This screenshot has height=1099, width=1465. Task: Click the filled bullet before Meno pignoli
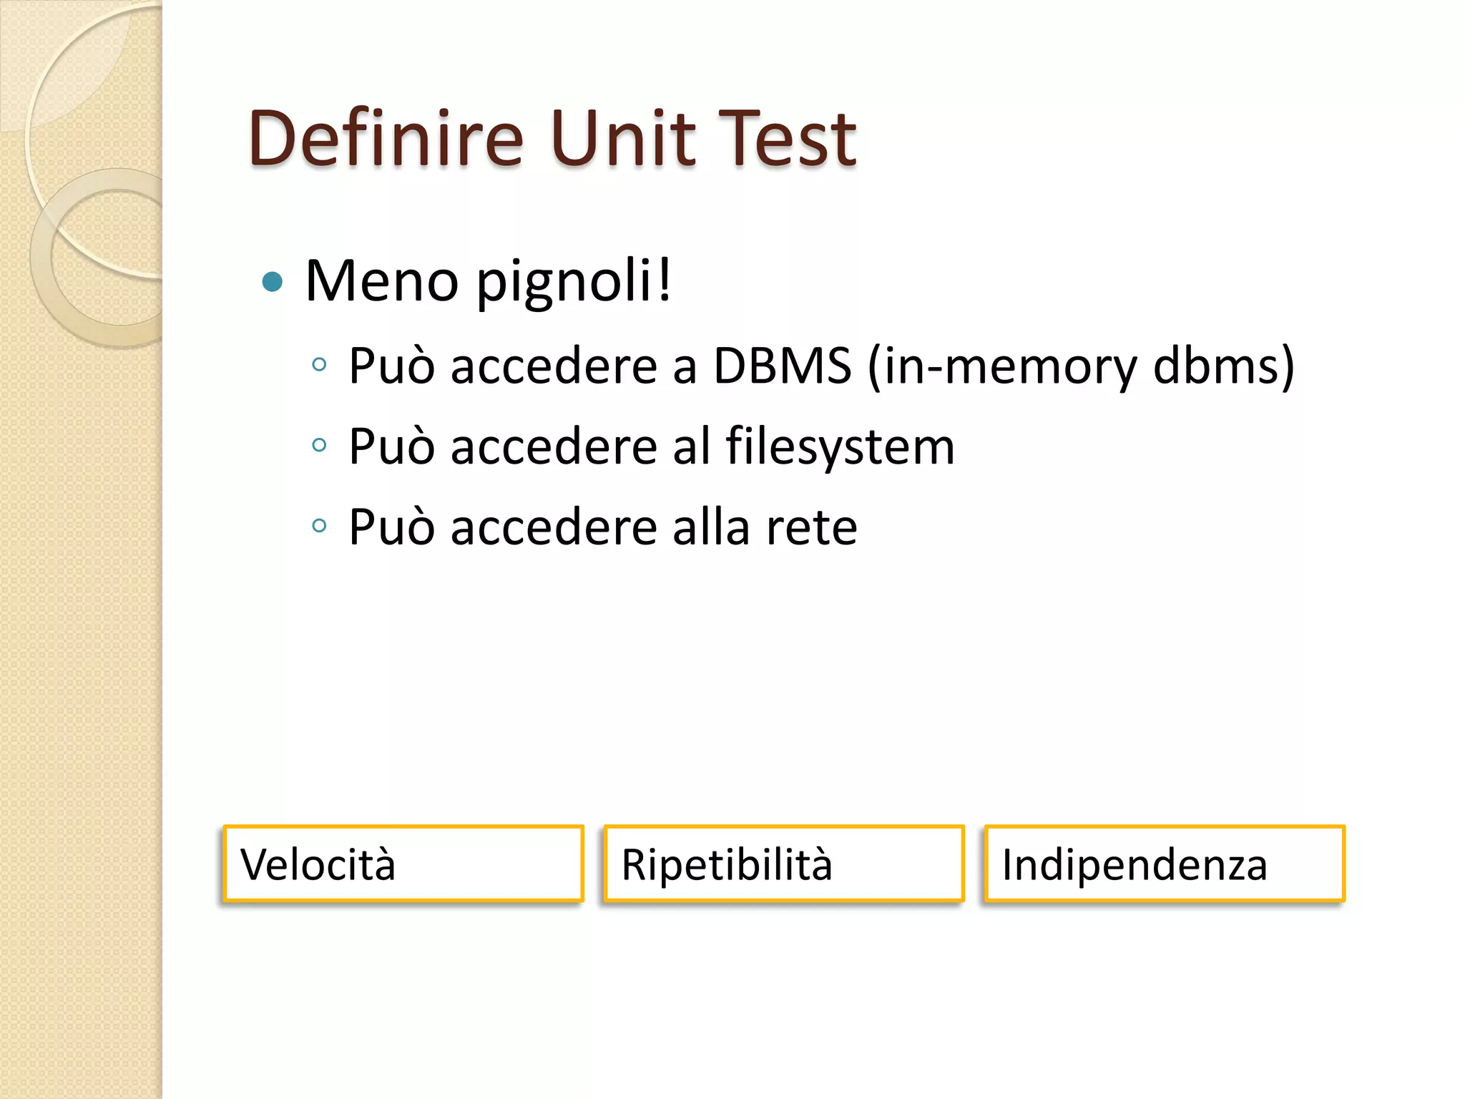(273, 282)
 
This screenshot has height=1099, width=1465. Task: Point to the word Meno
(381, 280)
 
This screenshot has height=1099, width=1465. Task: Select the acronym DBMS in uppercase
(783, 366)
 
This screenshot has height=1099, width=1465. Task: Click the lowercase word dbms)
(1224, 366)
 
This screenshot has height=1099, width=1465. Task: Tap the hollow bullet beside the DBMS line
(320, 365)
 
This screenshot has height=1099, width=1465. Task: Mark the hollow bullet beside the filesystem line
(320, 445)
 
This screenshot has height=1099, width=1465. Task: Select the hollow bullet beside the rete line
(320, 526)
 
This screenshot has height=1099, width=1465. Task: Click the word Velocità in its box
(318, 864)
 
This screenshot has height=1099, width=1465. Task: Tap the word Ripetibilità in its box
(727, 865)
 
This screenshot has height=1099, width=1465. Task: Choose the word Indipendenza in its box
(1135, 865)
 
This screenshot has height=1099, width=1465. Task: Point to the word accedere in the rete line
(554, 527)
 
